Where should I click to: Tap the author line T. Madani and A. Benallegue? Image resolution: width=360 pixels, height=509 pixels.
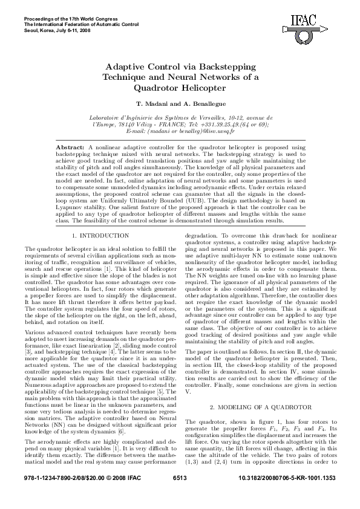coord(180,104)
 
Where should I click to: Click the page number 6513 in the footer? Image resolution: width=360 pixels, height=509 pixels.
coord(180,494)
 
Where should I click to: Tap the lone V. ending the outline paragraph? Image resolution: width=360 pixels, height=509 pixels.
coord(187,374)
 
